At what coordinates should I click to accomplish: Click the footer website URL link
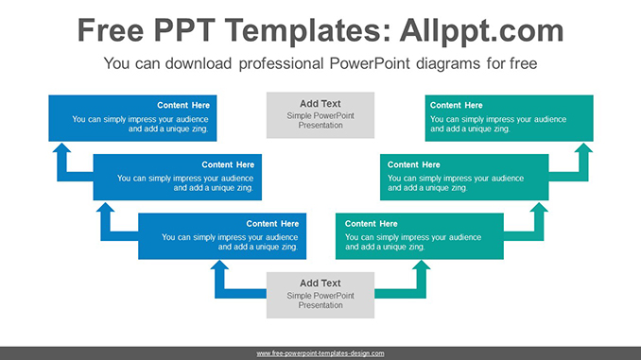(320, 352)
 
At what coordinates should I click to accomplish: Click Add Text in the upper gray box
(320, 104)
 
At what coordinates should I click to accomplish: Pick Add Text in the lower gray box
(320, 283)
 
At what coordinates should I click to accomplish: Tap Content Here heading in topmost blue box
(183, 105)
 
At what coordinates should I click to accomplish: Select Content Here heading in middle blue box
(228, 164)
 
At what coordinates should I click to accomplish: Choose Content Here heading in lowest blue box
(273, 224)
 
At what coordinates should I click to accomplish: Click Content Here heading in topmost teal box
(457, 105)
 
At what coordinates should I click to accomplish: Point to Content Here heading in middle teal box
(413, 164)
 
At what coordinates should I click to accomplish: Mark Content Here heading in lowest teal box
(372, 224)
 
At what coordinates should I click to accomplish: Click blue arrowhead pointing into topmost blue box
(61, 148)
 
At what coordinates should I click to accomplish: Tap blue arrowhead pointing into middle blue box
(106, 207)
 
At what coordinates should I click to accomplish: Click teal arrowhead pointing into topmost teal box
(583, 148)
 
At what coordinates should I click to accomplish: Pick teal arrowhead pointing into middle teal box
(539, 207)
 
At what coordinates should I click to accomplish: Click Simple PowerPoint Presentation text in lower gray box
(320, 300)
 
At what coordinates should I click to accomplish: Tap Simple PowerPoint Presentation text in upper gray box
(320, 120)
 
